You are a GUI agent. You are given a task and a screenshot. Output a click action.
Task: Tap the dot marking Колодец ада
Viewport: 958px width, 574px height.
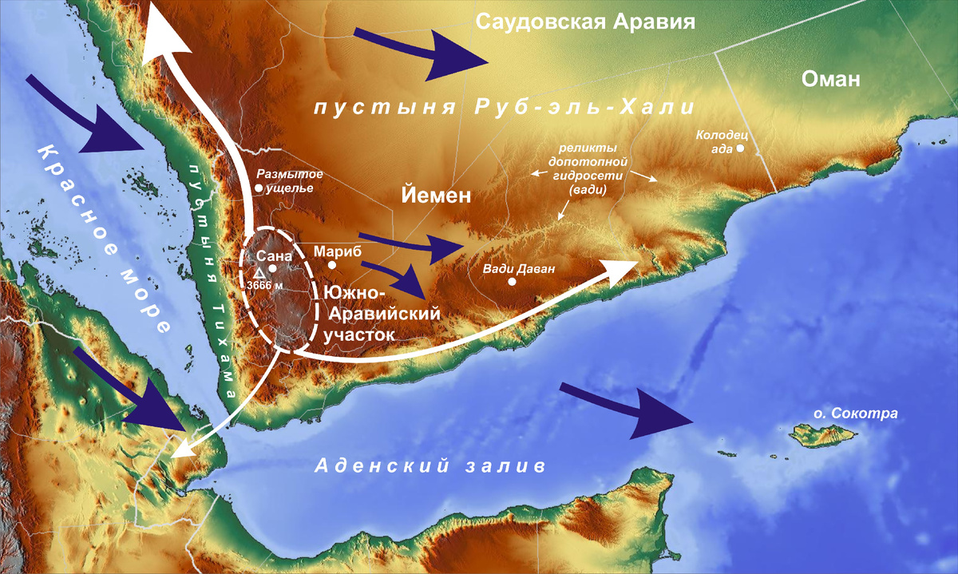[x=741, y=148]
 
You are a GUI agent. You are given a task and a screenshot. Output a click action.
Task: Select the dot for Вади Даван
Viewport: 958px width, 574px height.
[x=512, y=281]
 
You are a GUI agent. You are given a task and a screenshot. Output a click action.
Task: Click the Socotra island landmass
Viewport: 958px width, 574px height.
[x=822, y=435]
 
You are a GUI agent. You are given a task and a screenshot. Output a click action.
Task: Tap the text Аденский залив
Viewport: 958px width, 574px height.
[x=430, y=465]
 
